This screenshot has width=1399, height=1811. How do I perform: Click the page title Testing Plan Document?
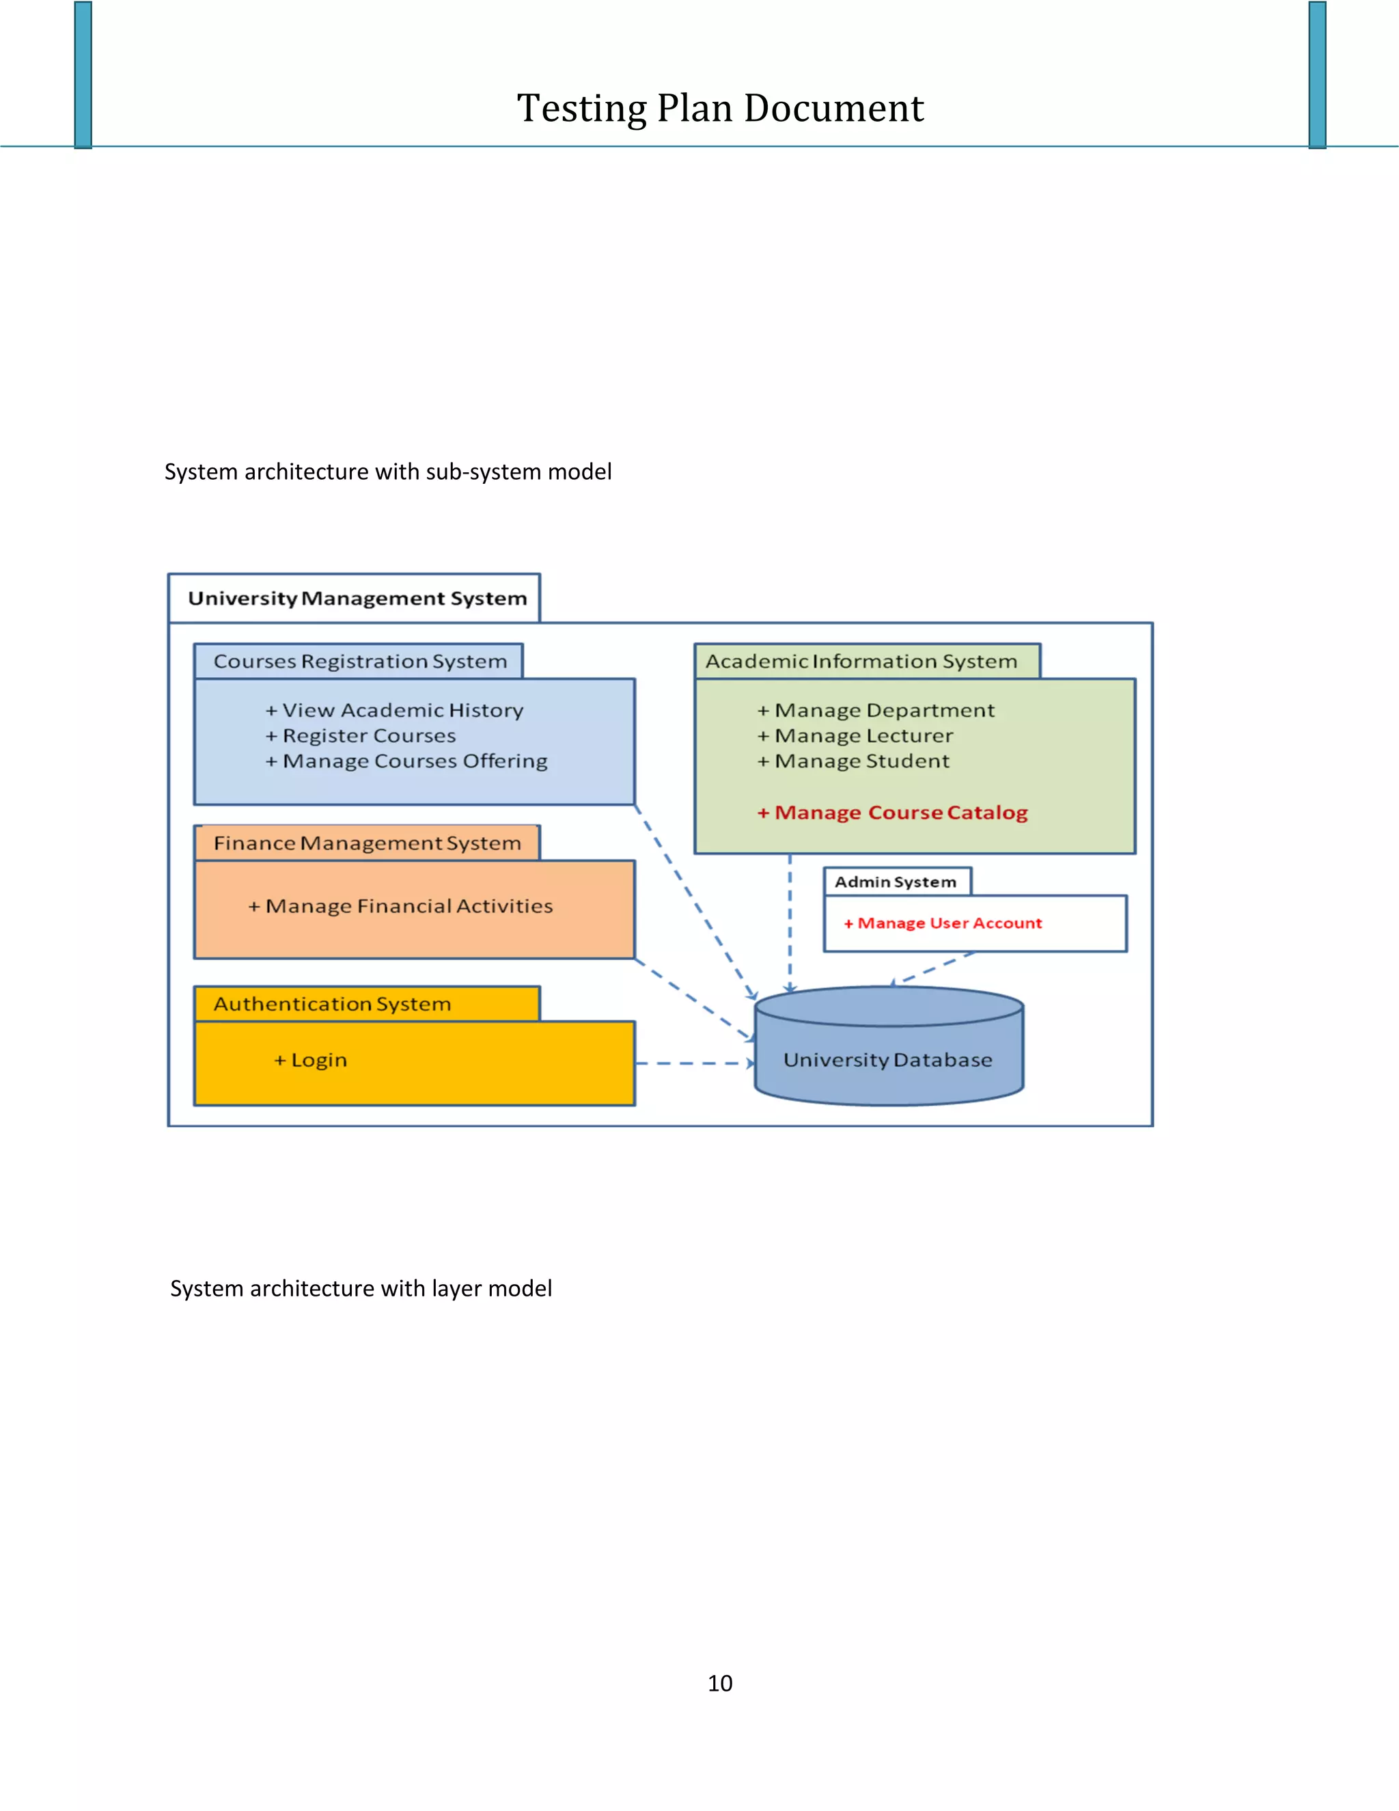719,109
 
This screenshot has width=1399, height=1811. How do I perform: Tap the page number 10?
719,1683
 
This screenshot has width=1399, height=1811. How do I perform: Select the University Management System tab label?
357,599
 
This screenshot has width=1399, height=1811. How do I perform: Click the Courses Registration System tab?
360,662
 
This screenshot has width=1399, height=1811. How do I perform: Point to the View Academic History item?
395,711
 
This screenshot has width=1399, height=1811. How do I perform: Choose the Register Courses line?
361,736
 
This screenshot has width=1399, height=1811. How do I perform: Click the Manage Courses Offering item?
407,761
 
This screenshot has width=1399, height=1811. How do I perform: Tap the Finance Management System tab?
366,843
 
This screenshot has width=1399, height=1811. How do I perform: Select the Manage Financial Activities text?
400,906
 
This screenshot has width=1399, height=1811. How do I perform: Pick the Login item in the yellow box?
311,1061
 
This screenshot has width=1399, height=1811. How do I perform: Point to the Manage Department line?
876,711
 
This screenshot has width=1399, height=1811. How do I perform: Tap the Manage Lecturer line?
855,736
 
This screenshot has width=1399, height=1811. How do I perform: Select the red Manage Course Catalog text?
893,813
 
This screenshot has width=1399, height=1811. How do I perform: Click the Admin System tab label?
895,882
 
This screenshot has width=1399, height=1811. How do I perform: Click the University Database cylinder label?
887,1061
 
